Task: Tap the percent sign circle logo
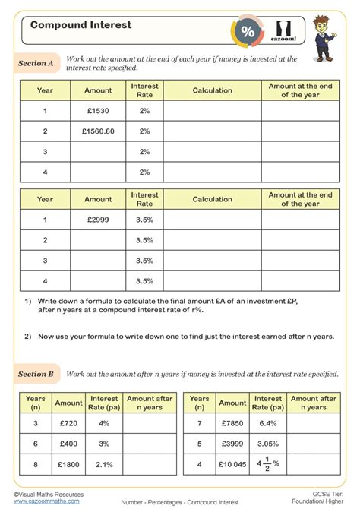248,31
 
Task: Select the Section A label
36,64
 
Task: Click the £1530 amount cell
98,111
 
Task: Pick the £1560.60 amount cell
98,131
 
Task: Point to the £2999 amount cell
98,220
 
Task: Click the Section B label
36,374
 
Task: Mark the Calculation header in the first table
212,90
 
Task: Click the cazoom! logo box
286,31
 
